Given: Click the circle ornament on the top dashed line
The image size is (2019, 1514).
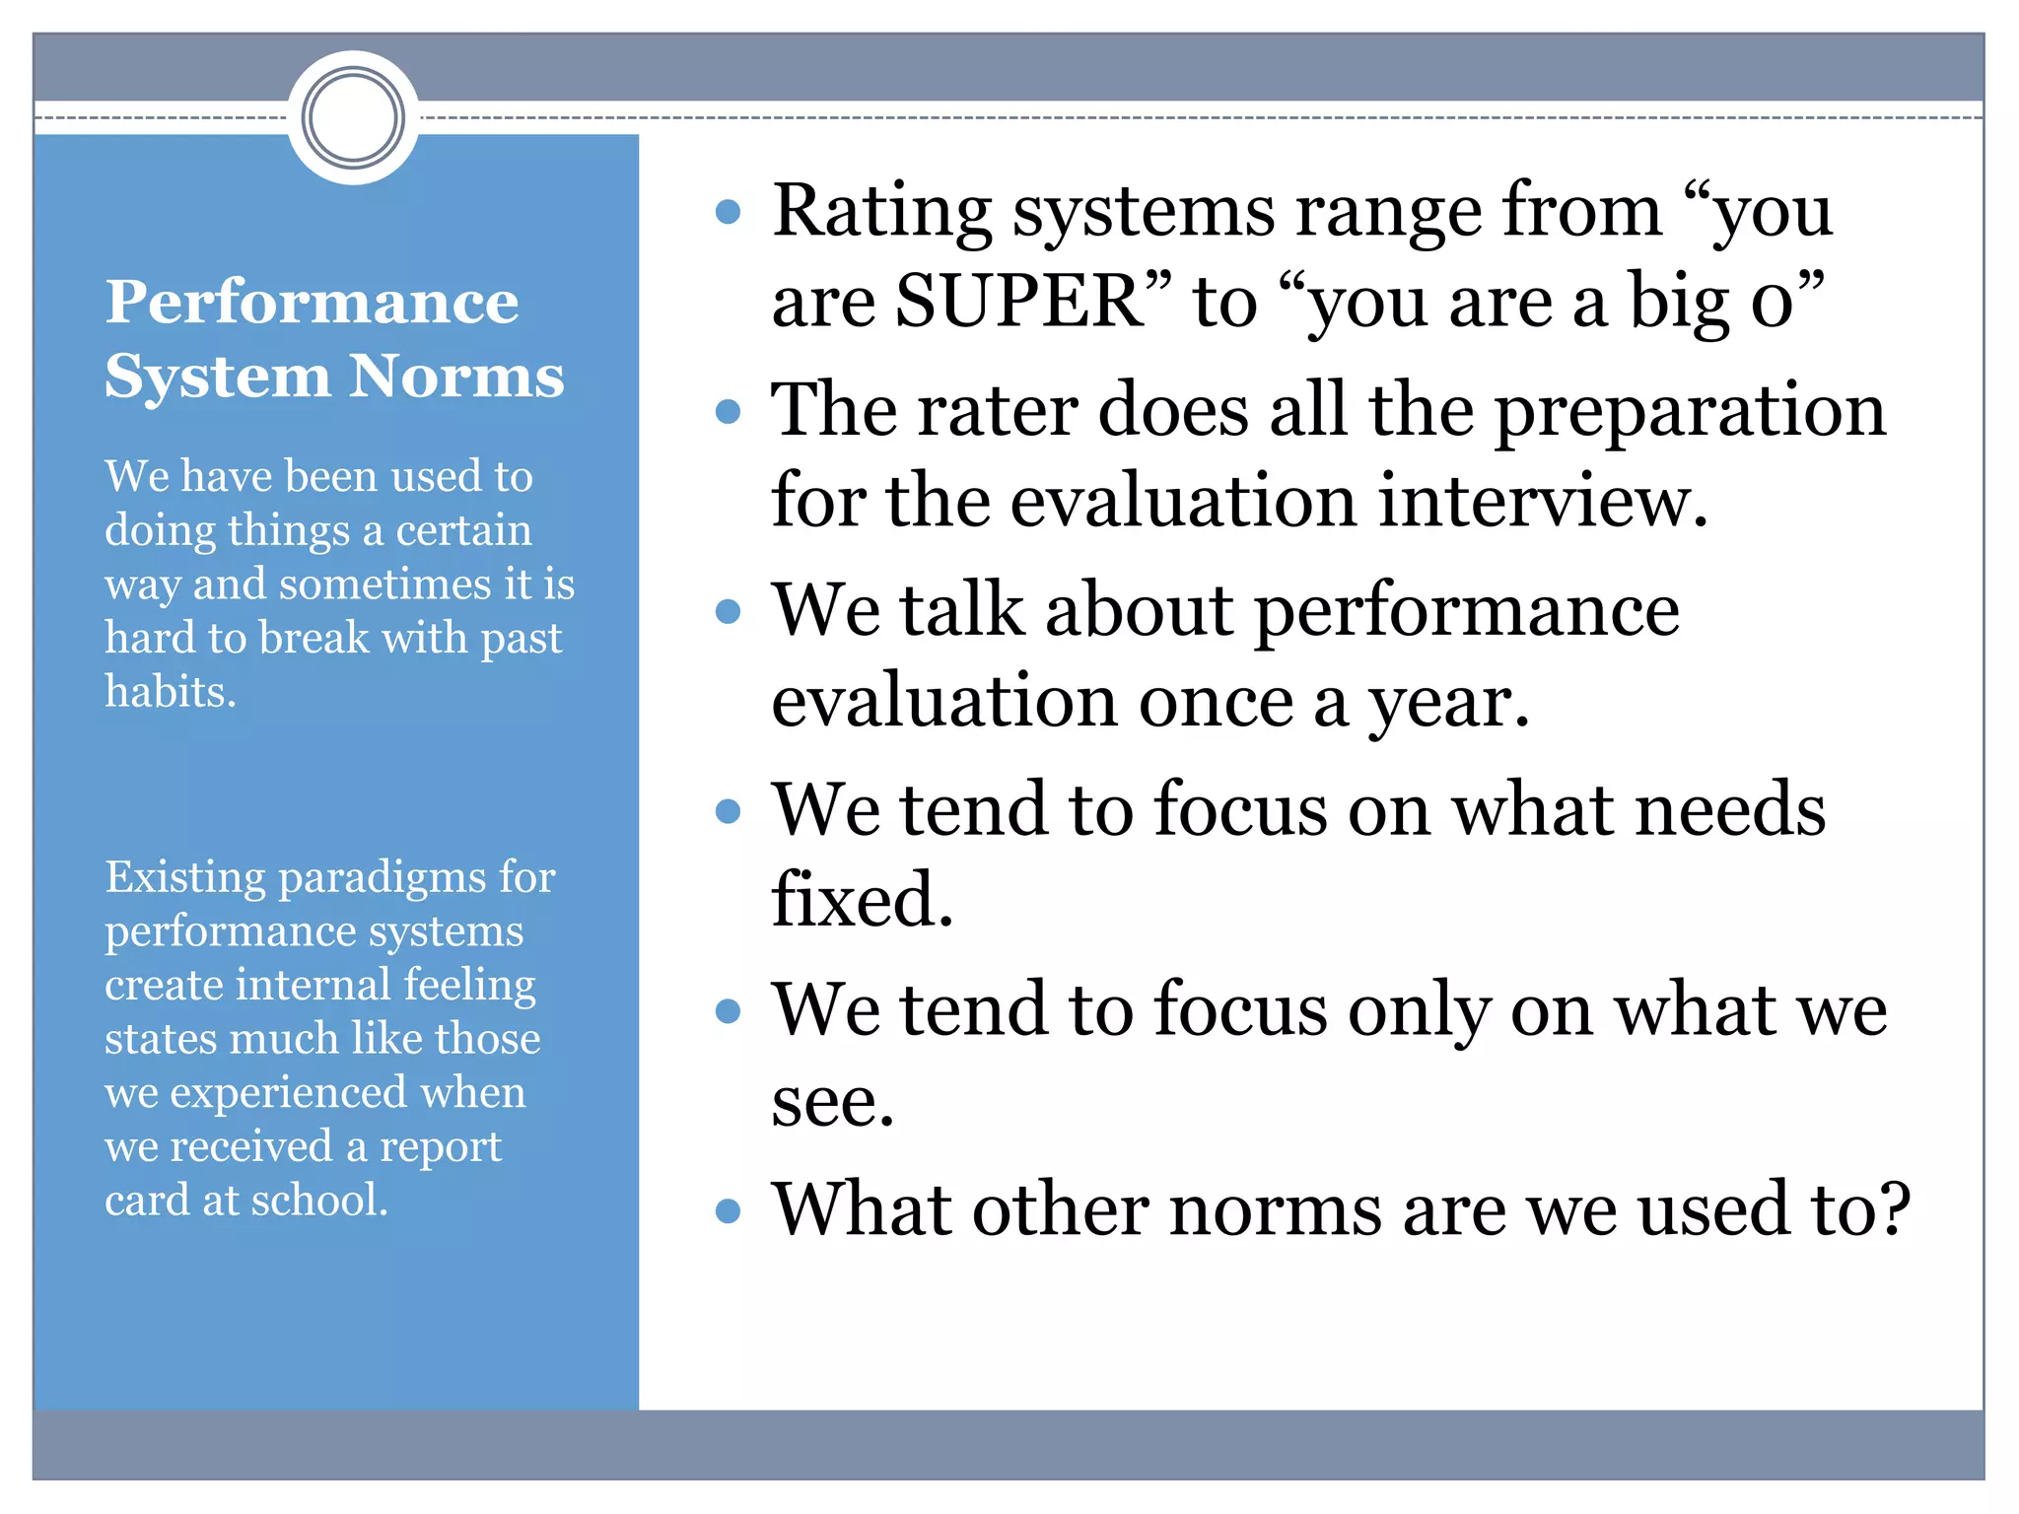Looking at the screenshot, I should pyautogui.click(x=353, y=117).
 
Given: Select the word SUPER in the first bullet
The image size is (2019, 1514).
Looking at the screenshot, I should pyautogui.click(x=1019, y=300).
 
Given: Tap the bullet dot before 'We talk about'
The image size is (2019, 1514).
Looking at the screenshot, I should pyautogui.click(x=728, y=611).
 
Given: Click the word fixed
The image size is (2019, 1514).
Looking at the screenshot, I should pyautogui.click(x=861, y=900).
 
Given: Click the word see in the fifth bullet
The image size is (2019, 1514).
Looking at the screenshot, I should pyautogui.click(x=831, y=1101).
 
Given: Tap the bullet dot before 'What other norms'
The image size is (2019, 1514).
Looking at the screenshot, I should pyautogui.click(x=728, y=1209).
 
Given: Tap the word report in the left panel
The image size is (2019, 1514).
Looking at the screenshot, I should pyautogui.click(x=440, y=1146).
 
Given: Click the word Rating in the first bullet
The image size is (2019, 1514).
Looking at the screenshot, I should pyautogui.click(x=881, y=211).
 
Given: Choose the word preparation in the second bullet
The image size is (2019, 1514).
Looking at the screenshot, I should pyautogui.click(x=1690, y=410).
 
